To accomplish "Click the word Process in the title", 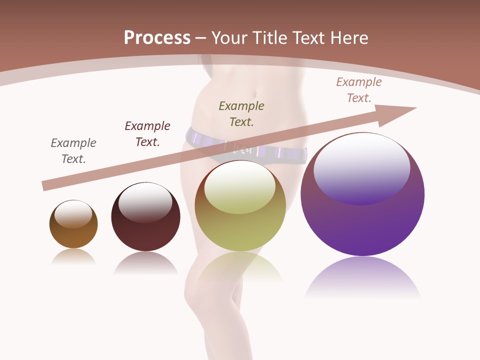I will click(x=157, y=38).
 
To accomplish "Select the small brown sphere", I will click(x=73, y=235).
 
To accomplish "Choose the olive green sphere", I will click(x=240, y=230).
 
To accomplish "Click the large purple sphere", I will click(x=362, y=225).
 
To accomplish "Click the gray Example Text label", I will click(x=73, y=151).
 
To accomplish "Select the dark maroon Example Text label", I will click(x=147, y=134).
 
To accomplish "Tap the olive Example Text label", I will click(x=241, y=114).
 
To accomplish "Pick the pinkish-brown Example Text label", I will click(x=359, y=90).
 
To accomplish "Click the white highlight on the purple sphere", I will click(x=362, y=167).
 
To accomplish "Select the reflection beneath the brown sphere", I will click(x=73, y=256).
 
